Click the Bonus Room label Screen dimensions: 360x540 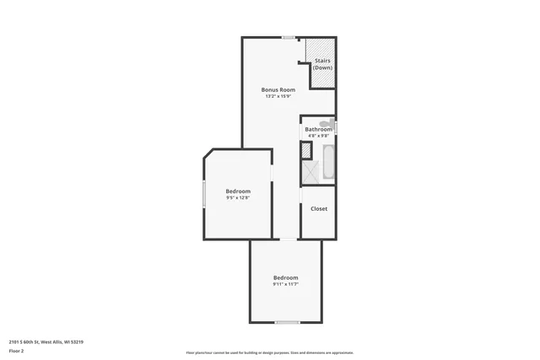point(277,89)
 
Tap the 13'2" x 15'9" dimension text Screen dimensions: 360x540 point(277,96)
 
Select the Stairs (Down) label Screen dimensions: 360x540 point(322,64)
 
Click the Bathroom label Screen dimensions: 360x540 point(319,129)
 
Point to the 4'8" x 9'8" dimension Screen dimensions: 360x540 point(319,136)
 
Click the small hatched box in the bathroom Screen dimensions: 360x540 point(305,152)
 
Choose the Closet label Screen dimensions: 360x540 point(319,208)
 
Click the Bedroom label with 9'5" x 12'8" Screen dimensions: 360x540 point(238,191)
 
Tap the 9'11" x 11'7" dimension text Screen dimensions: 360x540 point(285,284)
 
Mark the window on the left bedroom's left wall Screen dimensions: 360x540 point(202,195)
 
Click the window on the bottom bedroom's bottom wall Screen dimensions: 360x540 point(287,322)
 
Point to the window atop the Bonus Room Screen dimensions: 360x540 point(289,37)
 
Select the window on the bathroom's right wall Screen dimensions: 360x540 point(336,127)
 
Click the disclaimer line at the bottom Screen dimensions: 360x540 point(270,352)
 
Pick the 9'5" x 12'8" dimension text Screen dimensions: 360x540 point(238,198)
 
